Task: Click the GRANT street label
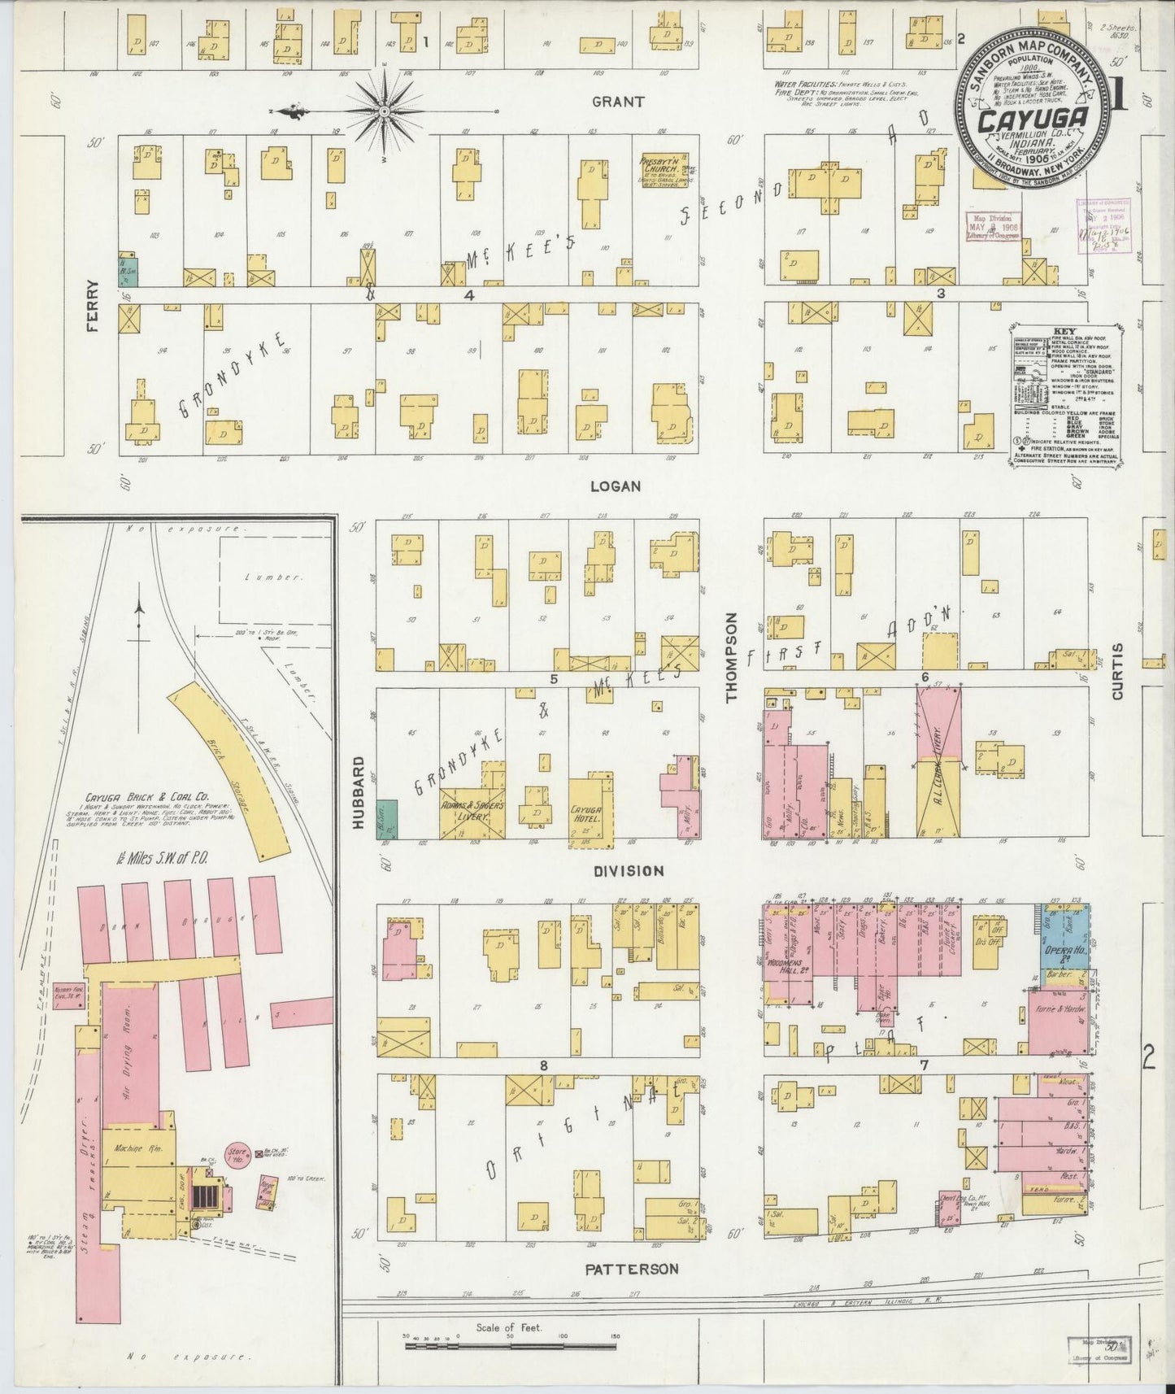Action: click(x=618, y=102)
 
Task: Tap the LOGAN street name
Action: click(x=616, y=486)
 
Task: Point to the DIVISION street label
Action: click(x=629, y=870)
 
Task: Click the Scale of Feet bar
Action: click(x=510, y=1348)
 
